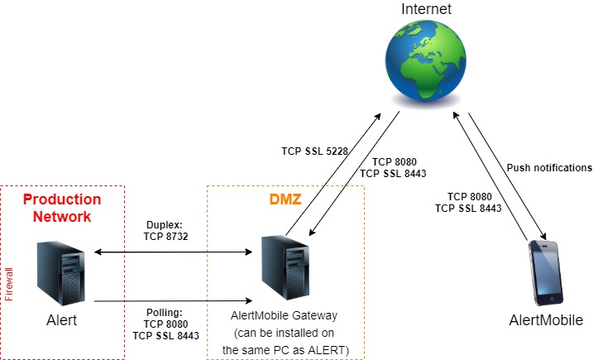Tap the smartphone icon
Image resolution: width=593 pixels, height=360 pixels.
546,271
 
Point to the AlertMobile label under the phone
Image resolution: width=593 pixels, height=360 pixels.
546,320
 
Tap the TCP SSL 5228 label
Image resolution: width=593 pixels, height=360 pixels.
314,151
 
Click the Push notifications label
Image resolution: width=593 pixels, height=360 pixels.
549,167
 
